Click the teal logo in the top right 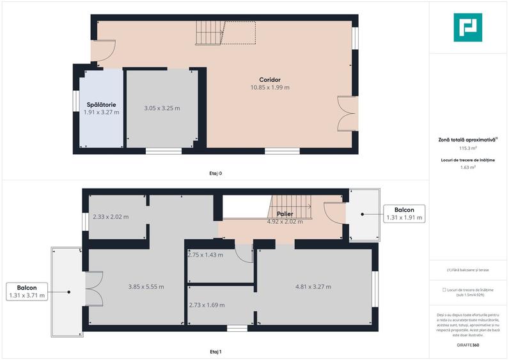coord(467,27)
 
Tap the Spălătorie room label coord(101,104)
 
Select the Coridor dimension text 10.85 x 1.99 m coord(269,88)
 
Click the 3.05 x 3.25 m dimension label coord(162,108)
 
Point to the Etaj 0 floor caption coord(215,173)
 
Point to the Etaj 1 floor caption coord(215,352)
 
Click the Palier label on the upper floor coord(285,214)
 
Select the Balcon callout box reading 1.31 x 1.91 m coord(404,214)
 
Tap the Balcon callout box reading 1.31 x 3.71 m coord(27,292)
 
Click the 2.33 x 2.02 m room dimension coord(111,217)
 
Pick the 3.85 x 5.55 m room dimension coord(146,286)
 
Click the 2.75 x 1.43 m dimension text coord(205,254)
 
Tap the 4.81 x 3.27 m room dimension coord(313,286)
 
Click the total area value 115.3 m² coord(468,147)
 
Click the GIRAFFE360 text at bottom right coord(467,345)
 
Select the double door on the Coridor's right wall coord(346,114)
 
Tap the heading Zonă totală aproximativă coord(467,139)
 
